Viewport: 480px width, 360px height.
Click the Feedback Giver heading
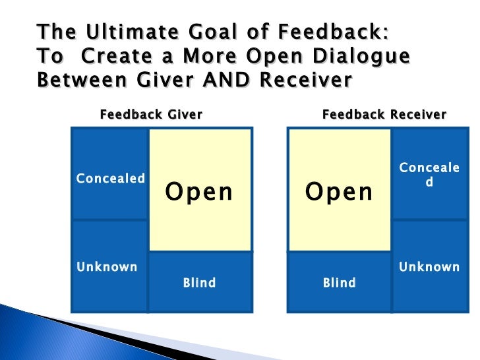(151, 115)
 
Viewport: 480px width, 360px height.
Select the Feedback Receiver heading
(384, 115)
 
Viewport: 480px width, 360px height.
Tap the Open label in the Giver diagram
(199, 192)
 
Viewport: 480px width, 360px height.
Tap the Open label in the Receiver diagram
(339, 192)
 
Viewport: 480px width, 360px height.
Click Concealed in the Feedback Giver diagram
(111, 179)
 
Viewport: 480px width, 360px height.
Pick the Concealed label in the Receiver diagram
(429, 175)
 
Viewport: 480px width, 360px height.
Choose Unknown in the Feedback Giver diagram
(107, 267)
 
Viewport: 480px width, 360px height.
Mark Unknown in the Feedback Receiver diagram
(429, 267)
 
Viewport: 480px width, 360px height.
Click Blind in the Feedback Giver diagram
(199, 283)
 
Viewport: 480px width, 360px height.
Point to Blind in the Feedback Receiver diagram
(339, 283)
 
